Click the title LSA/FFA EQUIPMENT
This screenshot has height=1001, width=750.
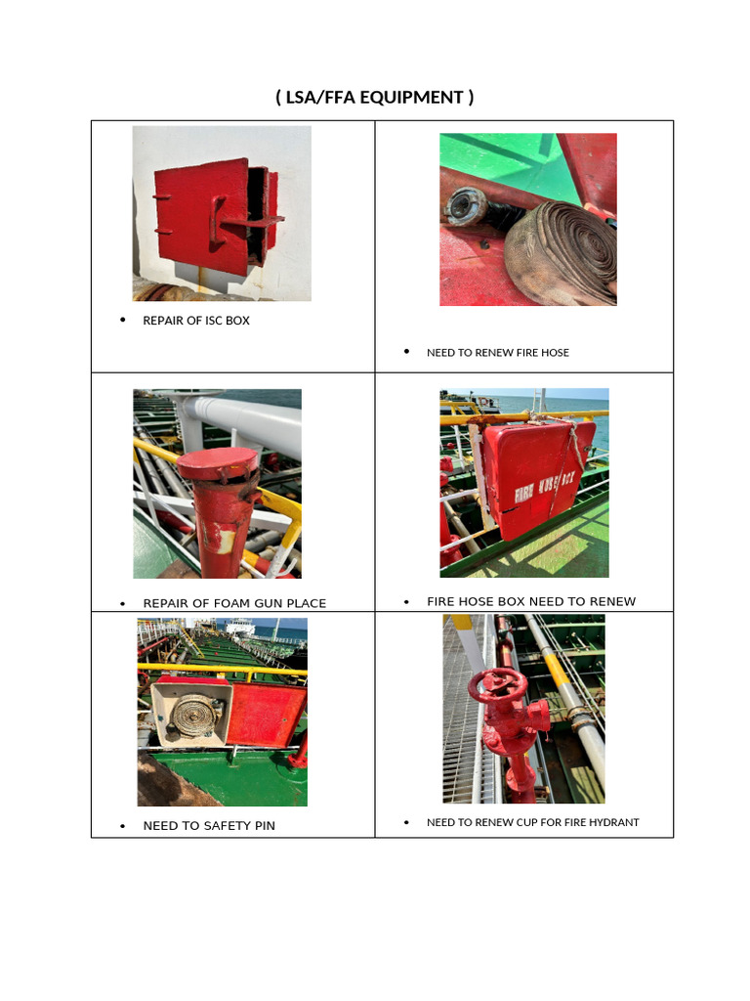pos(375,97)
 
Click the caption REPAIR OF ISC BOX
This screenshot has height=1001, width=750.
pos(196,321)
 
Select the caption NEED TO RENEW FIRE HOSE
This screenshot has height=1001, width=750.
pos(497,352)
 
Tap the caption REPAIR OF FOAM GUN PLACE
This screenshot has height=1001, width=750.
pos(234,603)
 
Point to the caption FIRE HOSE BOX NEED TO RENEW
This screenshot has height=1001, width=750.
pos(530,601)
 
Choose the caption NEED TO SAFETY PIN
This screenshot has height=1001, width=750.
pos(209,826)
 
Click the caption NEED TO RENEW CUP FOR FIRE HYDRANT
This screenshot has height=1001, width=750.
pos(532,822)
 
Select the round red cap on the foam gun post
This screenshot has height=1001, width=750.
pos(217,461)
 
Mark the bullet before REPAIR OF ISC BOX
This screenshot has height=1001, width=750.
pos(123,321)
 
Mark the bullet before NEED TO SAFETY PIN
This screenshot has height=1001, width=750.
pos(123,826)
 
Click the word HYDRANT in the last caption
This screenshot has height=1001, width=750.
pos(614,822)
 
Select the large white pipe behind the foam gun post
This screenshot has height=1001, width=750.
pos(249,416)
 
